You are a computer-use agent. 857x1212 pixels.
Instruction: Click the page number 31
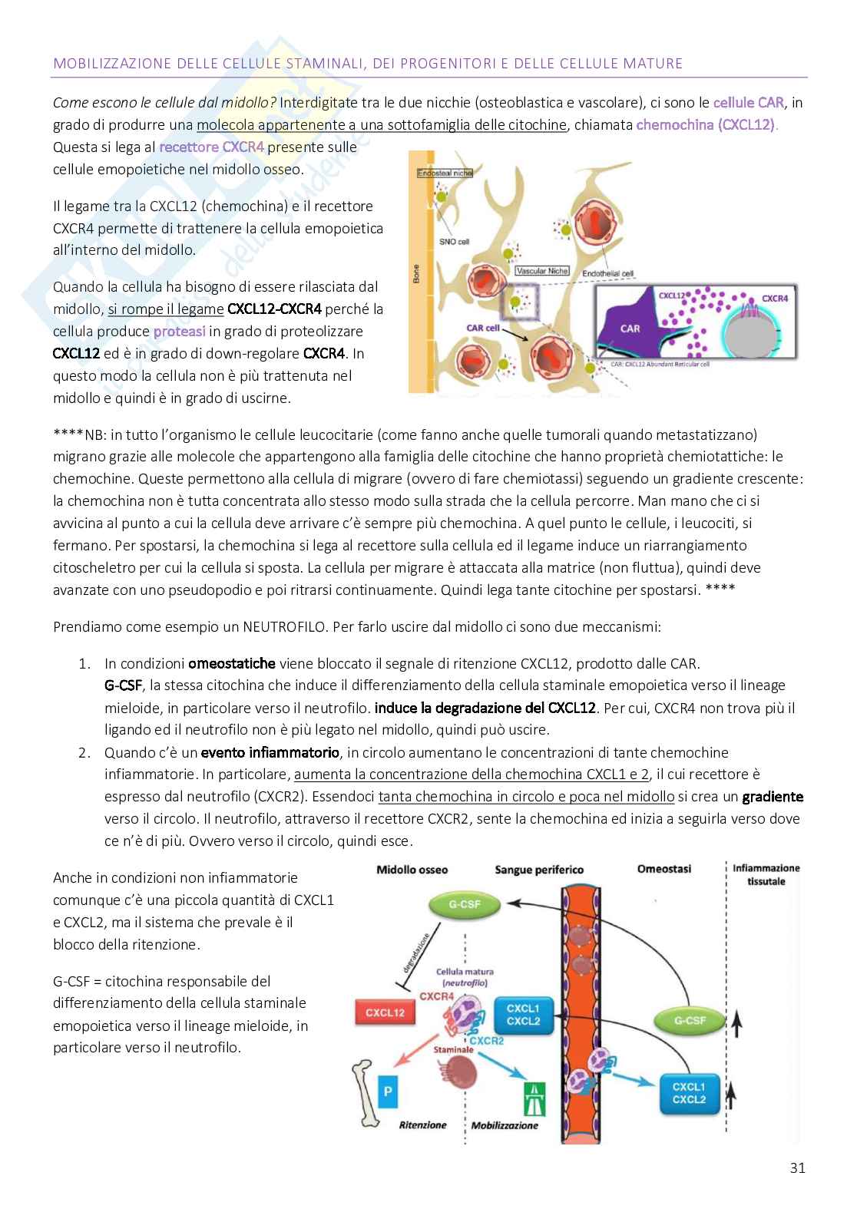coord(797,1168)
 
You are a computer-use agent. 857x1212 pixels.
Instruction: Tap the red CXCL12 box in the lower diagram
coord(385,1012)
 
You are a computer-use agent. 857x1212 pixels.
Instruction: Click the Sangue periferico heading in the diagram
coord(539,870)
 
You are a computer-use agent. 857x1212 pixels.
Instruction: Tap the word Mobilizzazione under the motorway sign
coord(505,1125)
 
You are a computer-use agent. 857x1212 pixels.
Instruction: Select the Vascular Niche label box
coord(541,271)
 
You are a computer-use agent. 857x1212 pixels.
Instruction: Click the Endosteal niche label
coord(445,173)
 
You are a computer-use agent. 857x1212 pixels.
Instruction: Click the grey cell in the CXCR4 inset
coord(757,338)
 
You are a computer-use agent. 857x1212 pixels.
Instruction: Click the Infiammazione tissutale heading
coord(766,874)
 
